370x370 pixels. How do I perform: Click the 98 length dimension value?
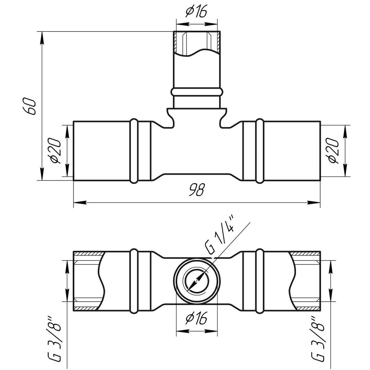coord(196,190)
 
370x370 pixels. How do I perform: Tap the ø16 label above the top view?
coord(196,12)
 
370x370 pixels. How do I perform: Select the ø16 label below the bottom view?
coord(196,318)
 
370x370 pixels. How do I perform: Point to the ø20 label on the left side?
coord(55,151)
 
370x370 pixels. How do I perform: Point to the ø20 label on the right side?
coord(333,151)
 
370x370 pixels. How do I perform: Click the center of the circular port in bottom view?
coord(197,280)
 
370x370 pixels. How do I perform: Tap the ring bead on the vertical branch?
coord(197,92)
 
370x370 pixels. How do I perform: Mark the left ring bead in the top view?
coord(134,151)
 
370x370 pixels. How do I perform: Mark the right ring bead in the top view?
coord(260,151)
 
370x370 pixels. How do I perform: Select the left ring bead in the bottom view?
coord(134,281)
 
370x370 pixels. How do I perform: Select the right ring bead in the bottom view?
coord(260,281)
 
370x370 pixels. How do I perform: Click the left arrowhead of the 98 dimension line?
coord(80,202)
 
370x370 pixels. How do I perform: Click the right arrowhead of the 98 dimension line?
coord(314,202)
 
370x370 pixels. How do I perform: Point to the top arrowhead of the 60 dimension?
coord(42,37)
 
